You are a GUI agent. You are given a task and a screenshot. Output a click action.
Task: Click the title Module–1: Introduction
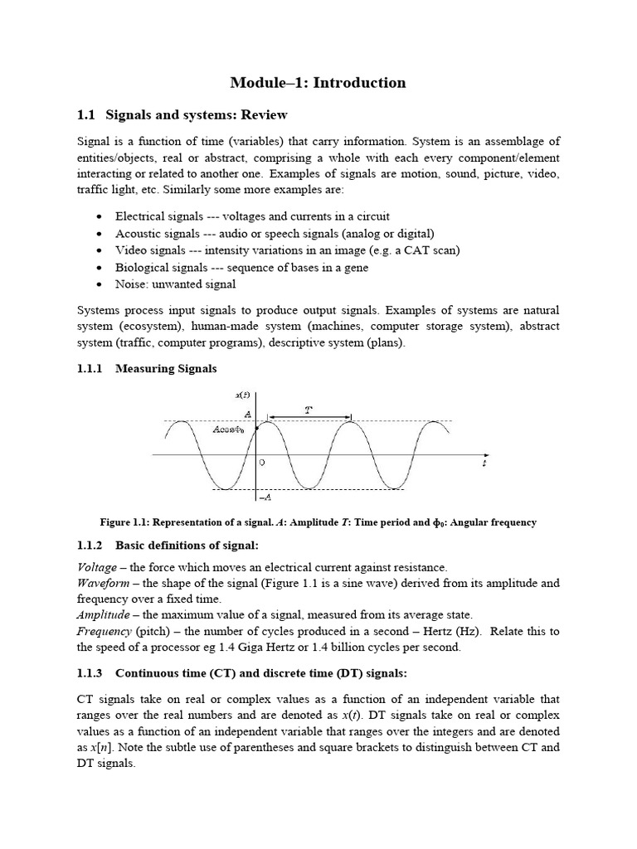pyautogui.click(x=318, y=82)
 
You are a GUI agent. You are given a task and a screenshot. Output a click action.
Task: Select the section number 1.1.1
pyautogui.click(x=90, y=368)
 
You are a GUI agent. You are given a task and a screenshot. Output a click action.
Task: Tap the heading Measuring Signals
pyautogui.click(x=166, y=368)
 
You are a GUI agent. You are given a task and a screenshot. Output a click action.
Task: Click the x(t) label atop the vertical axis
pyautogui.click(x=243, y=396)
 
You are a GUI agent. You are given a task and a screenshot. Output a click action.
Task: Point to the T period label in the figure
pyautogui.click(x=309, y=409)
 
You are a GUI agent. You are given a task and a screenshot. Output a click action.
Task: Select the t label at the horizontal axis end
pyautogui.click(x=484, y=465)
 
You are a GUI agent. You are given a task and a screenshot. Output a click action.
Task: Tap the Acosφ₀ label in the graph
pyautogui.click(x=228, y=429)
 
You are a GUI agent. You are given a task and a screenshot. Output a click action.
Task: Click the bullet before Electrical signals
pyautogui.click(x=100, y=216)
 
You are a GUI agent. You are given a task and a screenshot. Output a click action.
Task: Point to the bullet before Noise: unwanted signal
pyautogui.click(x=100, y=284)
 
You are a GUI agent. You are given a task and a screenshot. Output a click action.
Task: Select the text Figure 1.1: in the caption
pyautogui.click(x=126, y=522)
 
